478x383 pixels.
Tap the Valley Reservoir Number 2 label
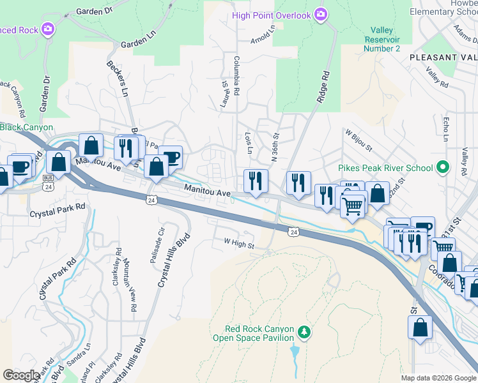(x=382, y=40)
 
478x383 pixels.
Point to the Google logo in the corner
(x=21, y=375)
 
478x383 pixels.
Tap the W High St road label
(x=238, y=243)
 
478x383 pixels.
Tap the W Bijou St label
(x=358, y=140)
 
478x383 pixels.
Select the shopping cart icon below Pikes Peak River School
(x=353, y=206)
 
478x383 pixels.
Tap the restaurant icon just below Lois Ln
(x=254, y=180)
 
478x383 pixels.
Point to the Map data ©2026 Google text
(x=438, y=378)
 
